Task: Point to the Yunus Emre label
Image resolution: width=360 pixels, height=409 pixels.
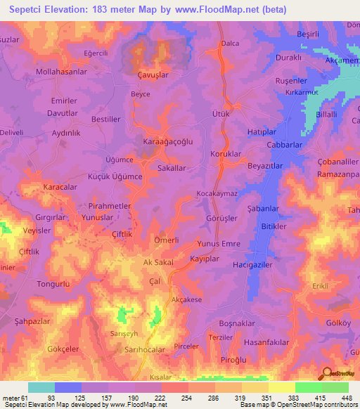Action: pos(218,244)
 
